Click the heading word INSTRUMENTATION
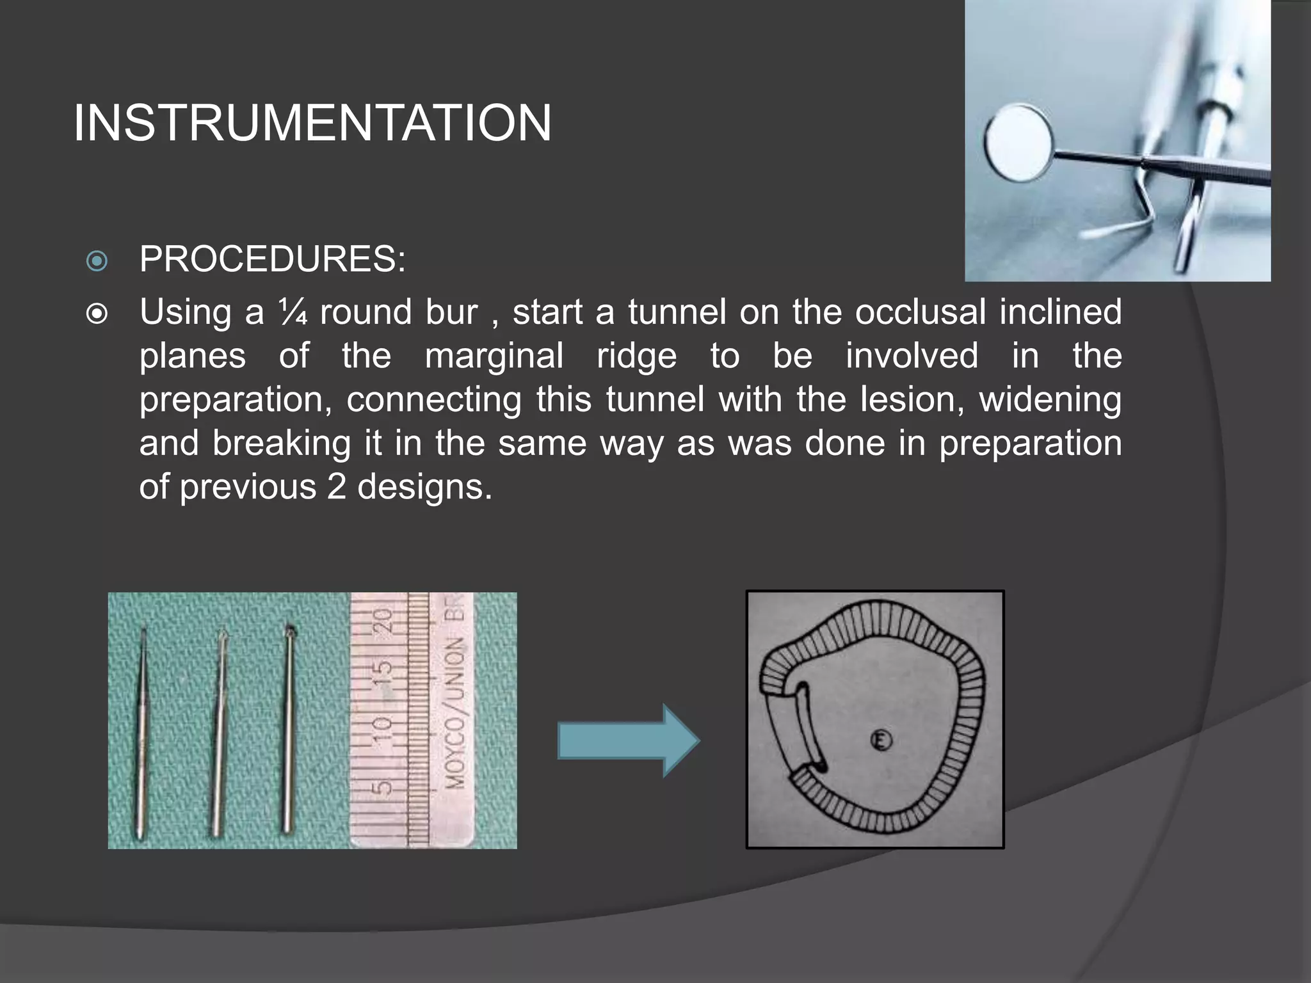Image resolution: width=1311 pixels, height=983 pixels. click(x=312, y=123)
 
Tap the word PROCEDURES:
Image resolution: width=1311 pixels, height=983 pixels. click(x=273, y=259)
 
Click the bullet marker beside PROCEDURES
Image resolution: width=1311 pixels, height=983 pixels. click(x=97, y=260)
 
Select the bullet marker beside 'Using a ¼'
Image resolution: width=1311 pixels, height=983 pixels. click(x=97, y=314)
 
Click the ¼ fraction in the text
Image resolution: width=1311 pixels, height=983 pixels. click(x=293, y=312)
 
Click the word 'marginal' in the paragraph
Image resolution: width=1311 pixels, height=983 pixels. click(x=494, y=356)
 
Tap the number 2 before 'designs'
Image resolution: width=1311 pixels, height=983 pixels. click(x=337, y=487)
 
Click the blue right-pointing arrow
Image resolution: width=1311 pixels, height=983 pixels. click(x=629, y=740)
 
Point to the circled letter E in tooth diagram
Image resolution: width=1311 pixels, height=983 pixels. click(x=881, y=740)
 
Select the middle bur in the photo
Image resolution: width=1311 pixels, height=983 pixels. click(x=218, y=730)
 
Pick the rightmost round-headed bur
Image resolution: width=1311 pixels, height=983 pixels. click(x=289, y=723)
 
